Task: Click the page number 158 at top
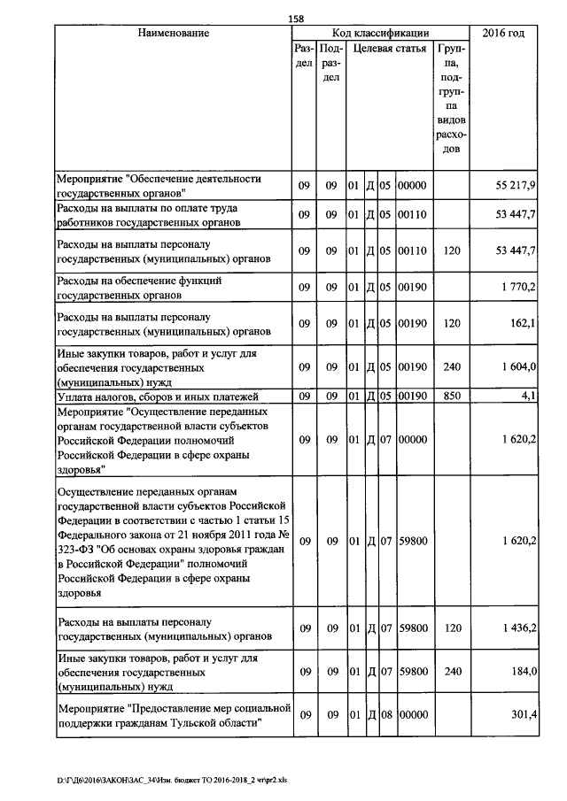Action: tap(297, 19)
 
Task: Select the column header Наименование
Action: tap(173, 34)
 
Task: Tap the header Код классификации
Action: tap(380, 34)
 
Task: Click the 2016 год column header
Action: tap(502, 34)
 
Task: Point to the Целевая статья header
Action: tap(389, 50)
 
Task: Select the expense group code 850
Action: tap(452, 397)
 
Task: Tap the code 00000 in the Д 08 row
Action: tap(413, 715)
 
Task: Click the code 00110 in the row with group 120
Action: tap(413, 251)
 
